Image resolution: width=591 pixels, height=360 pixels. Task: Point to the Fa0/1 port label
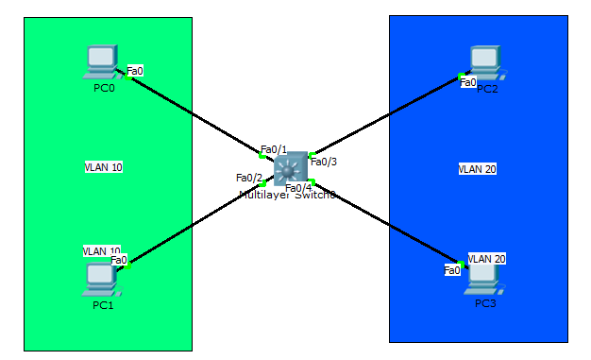coord(273,149)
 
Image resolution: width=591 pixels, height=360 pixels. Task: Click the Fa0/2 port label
coord(248,178)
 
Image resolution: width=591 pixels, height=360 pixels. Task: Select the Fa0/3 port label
coord(324,162)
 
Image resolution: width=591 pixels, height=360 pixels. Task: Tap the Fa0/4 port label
coord(298,187)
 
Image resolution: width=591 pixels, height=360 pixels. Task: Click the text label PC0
coord(104,89)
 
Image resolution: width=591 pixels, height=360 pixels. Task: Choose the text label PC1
coord(103,305)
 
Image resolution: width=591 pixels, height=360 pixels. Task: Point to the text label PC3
coord(485,305)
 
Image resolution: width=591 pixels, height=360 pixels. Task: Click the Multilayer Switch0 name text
coord(287,195)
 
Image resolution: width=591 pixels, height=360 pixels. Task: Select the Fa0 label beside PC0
coord(135,71)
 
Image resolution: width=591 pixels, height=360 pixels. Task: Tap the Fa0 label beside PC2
coord(468,82)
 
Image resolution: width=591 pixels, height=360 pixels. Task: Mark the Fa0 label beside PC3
coord(453,270)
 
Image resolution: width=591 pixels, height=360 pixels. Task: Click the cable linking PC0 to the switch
coord(194,114)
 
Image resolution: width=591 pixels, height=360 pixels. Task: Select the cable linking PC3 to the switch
coord(387,222)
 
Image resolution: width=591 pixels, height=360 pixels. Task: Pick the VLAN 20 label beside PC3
coord(487,259)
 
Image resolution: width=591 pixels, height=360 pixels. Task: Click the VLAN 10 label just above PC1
coord(101,251)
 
